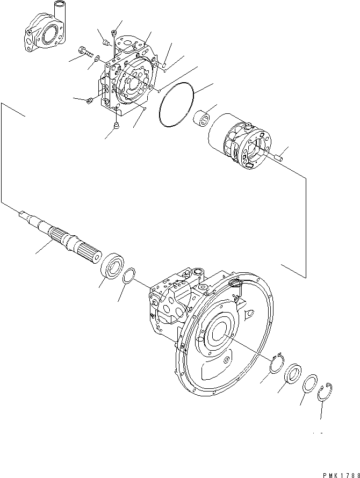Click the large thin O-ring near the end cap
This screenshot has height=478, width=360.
pos(178,105)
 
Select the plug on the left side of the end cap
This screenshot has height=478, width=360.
pos(90,100)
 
